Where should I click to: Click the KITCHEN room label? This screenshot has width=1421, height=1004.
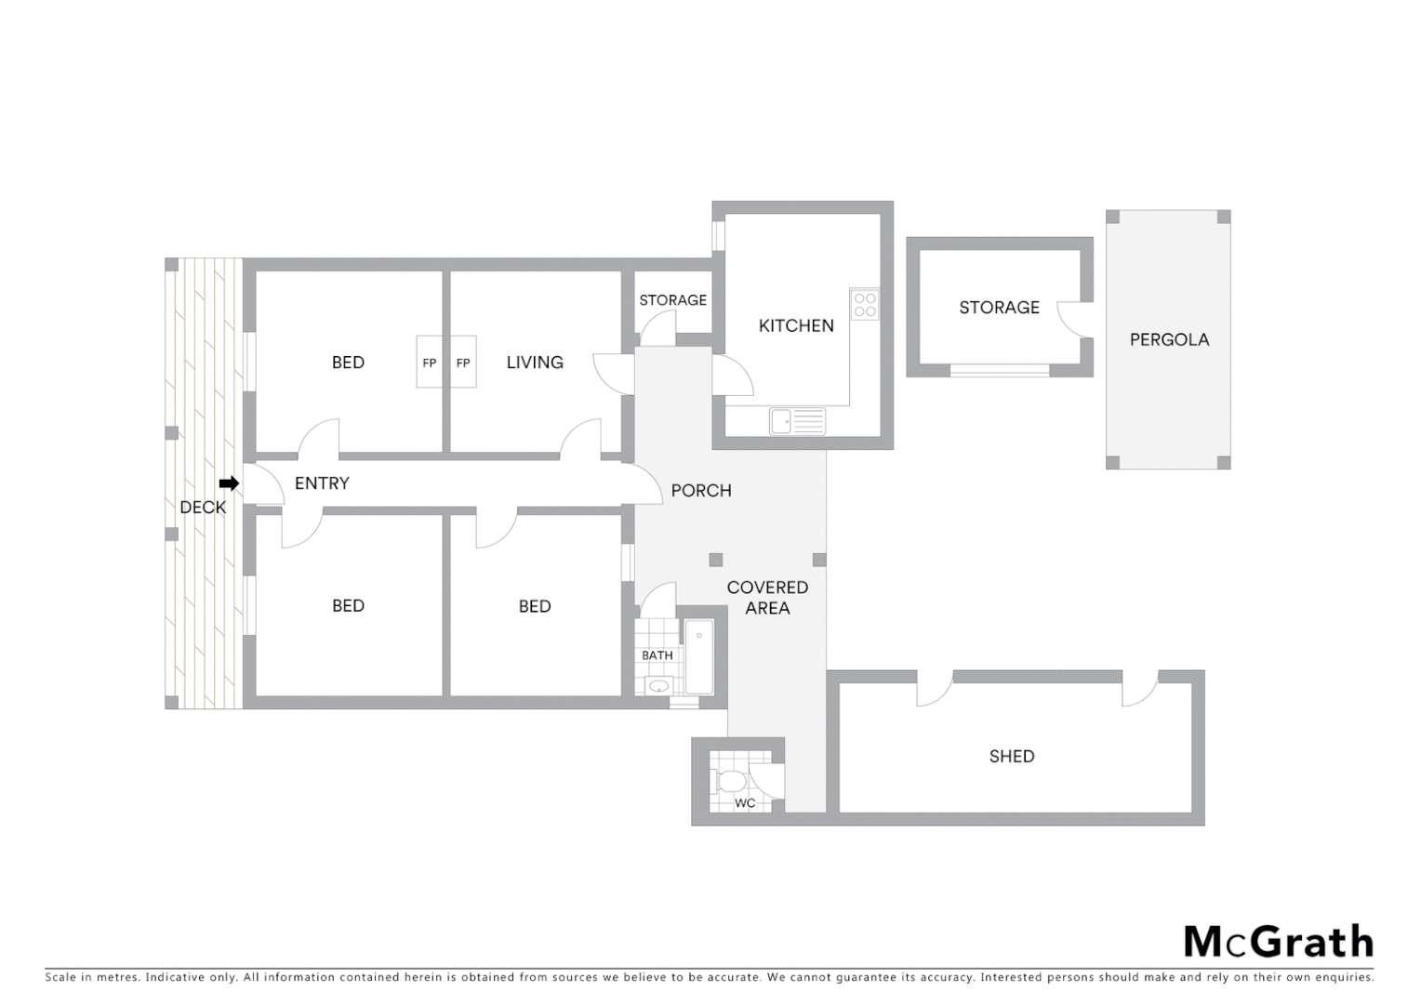click(796, 325)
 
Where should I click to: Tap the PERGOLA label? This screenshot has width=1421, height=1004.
click(1169, 339)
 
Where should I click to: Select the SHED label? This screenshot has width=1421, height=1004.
click(1012, 756)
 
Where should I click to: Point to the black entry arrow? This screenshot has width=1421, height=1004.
click(229, 483)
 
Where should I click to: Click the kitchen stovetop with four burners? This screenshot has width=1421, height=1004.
click(865, 305)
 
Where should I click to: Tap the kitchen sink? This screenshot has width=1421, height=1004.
click(797, 421)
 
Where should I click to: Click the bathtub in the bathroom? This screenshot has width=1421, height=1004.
click(699, 657)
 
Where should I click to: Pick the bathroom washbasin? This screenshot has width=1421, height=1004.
click(658, 687)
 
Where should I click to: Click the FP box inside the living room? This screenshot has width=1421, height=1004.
click(463, 363)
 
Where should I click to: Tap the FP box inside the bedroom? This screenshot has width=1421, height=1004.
click(429, 363)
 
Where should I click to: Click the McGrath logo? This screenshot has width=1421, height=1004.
click(1278, 942)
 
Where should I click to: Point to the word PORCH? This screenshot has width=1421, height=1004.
click(701, 491)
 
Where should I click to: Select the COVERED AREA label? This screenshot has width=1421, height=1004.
click(767, 598)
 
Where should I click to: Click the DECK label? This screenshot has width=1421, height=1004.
click(203, 507)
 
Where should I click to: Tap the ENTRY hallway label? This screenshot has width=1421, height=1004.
click(322, 483)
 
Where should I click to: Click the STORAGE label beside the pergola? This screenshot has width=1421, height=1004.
click(999, 307)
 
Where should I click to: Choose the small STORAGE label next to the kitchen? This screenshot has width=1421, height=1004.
click(672, 300)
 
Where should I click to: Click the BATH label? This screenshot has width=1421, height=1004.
click(657, 655)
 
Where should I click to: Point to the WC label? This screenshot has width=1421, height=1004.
click(745, 803)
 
